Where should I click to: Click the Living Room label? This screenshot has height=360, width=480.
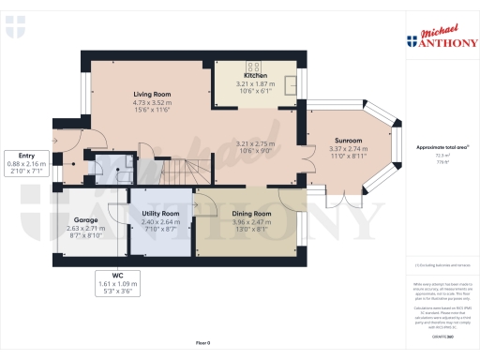coord(152,95)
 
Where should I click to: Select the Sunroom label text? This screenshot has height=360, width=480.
coord(348,141)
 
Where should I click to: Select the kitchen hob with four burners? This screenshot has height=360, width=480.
coord(252,67)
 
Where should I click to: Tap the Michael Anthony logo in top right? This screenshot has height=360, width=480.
coord(440,37)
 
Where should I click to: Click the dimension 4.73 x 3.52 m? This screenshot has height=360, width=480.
coord(152,103)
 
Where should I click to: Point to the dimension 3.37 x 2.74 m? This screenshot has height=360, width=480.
coord(348,149)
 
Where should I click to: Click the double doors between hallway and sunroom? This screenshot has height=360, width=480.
coord(310,141)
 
